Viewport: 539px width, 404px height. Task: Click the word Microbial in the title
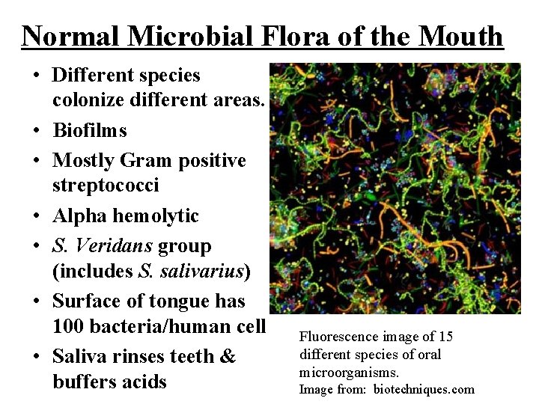[x=176, y=36]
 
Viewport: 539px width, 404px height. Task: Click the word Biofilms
[x=90, y=131]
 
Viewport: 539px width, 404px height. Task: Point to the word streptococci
[x=106, y=186]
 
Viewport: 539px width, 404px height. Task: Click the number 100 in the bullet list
[x=70, y=327]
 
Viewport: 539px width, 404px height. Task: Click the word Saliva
[x=80, y=357]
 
